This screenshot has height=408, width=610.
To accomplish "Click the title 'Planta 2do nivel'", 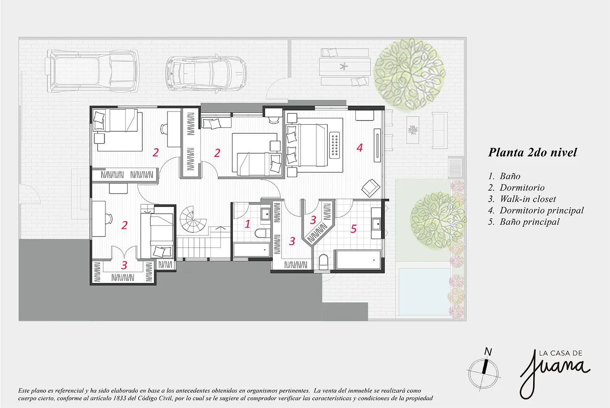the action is pos(532,152).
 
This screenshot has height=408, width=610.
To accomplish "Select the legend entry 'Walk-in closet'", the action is pos(528,199).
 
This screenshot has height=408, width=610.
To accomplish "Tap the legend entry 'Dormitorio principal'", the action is pos(542,211).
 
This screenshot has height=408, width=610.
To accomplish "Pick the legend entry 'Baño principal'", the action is pos(529,222).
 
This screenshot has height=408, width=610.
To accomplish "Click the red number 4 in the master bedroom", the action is pos(359,148).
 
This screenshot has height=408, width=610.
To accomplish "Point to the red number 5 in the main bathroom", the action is pos(353,229).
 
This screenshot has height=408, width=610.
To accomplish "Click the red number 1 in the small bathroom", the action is pos(247,224).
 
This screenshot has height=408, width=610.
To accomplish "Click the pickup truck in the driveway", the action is pos(93,71).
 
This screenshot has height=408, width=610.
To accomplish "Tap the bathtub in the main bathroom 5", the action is pos(358,260).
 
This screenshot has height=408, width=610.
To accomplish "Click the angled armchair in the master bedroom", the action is pos(370,188).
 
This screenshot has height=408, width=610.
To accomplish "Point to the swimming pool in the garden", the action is pos(424,291).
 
